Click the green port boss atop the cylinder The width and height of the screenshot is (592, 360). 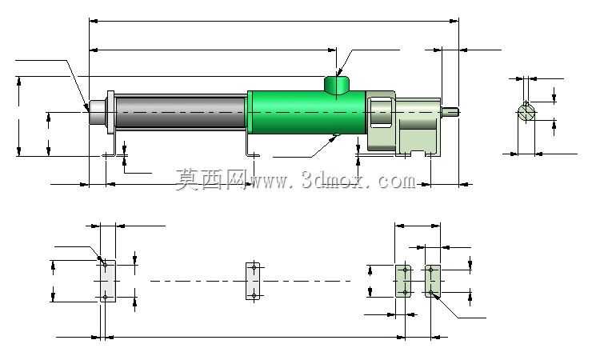[336, 84]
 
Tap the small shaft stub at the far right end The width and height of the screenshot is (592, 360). [450, 111]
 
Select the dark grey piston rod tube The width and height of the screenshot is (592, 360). [180, 112]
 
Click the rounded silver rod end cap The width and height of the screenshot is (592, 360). [98, 112]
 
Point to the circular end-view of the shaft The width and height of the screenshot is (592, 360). [526, 113]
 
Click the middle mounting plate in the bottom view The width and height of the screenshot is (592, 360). [253, 281]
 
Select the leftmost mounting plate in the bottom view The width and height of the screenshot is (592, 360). [108, 281]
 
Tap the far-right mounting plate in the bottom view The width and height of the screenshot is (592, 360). [433, 281]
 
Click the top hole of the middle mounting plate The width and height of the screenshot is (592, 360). [254, 267]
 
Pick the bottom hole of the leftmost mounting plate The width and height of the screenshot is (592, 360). [106, 298]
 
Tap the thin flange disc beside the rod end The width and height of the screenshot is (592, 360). [110, 112]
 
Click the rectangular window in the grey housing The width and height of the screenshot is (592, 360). [381, 112]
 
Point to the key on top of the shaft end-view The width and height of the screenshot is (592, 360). [526, 104]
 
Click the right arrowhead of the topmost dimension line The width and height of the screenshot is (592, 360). [454, 21]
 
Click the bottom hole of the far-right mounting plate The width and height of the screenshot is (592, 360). [430, 292]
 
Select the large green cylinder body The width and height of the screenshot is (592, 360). [306, 112]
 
